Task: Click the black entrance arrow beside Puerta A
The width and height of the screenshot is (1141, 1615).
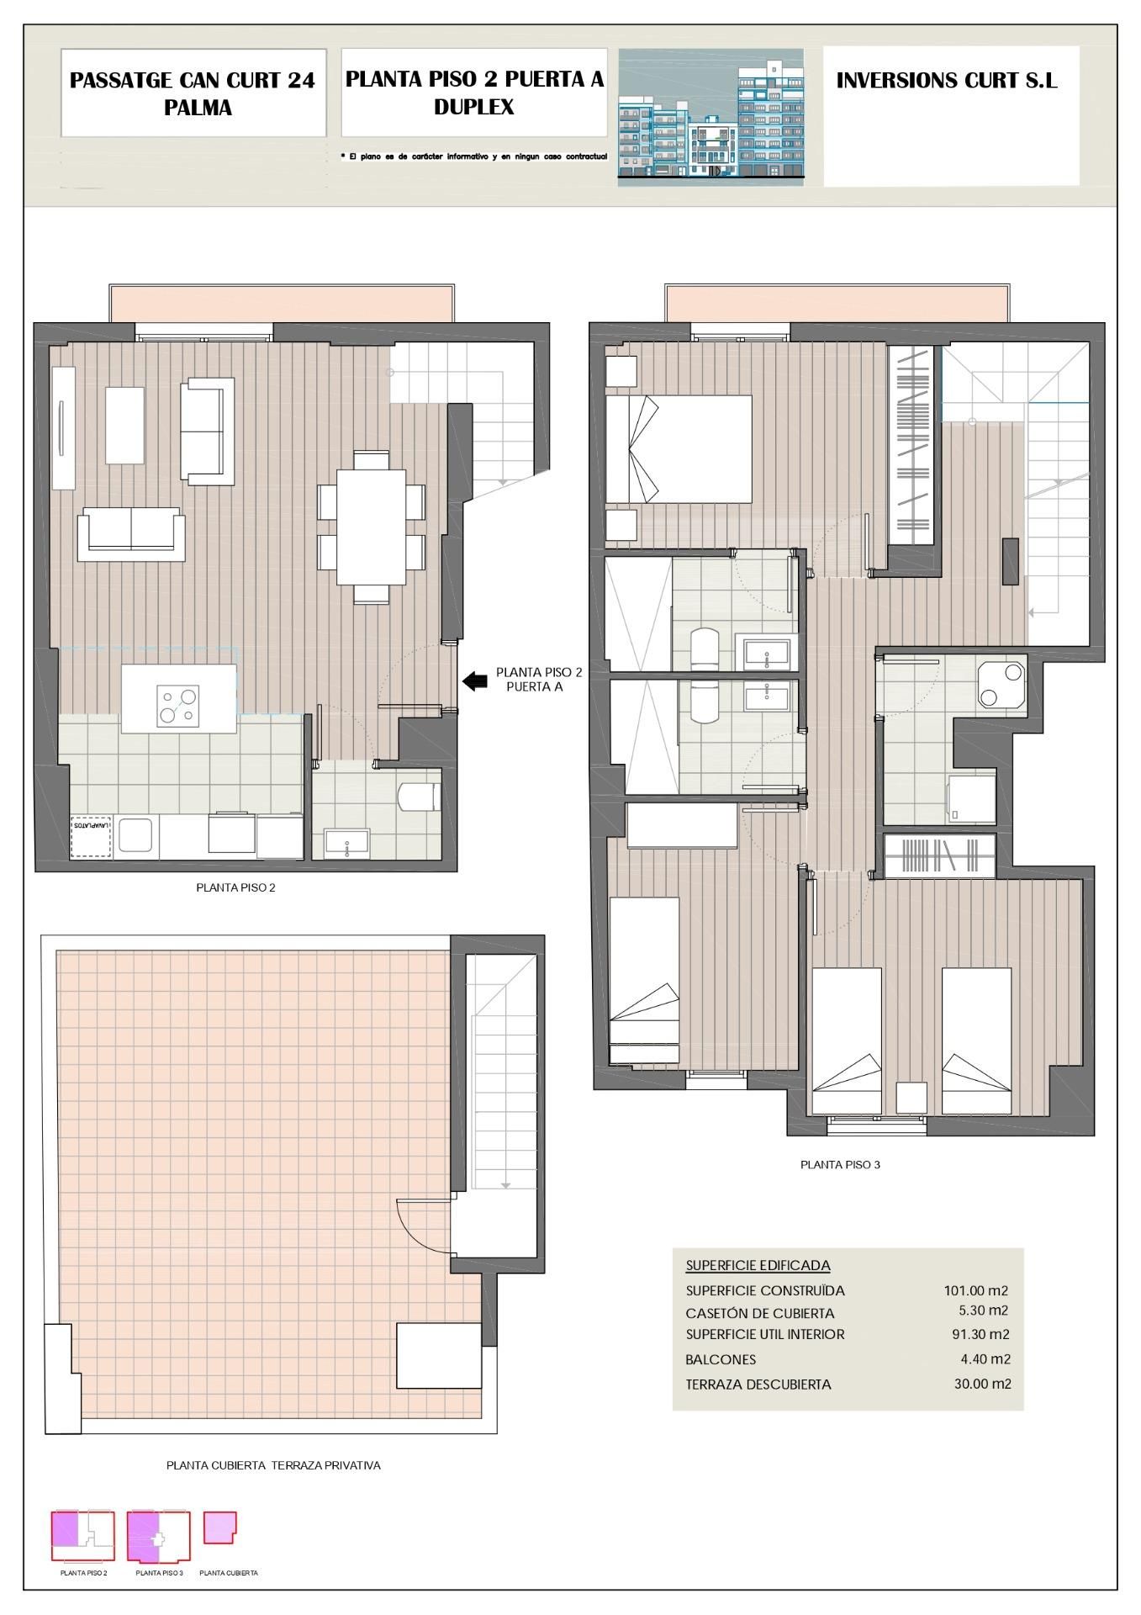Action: (475, 681)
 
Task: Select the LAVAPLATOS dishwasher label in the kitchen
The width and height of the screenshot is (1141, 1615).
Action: (92, 826)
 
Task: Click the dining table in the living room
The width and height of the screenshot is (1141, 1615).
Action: (371, 527)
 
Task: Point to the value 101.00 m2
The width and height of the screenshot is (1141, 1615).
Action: (975, 1290)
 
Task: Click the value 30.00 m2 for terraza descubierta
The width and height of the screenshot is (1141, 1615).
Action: (982, 1384)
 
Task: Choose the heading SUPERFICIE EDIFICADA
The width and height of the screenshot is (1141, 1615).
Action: (758, 1265)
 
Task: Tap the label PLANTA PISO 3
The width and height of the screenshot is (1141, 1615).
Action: (839, 1165)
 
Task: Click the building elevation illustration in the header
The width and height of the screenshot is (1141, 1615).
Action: (710, 116)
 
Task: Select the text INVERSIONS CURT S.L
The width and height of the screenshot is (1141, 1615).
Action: (946, 81)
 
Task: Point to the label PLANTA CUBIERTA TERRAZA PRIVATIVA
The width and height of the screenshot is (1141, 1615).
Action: (273, 1465)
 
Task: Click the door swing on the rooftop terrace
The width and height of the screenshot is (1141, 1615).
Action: (420, 1224)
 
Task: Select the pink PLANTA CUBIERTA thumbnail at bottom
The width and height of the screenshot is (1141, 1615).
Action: (219, 1528)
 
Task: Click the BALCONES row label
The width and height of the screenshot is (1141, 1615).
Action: (721, 1359)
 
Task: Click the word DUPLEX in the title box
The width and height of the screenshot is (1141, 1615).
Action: (473, 107)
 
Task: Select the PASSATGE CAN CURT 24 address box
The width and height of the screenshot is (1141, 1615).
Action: (193, 93)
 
